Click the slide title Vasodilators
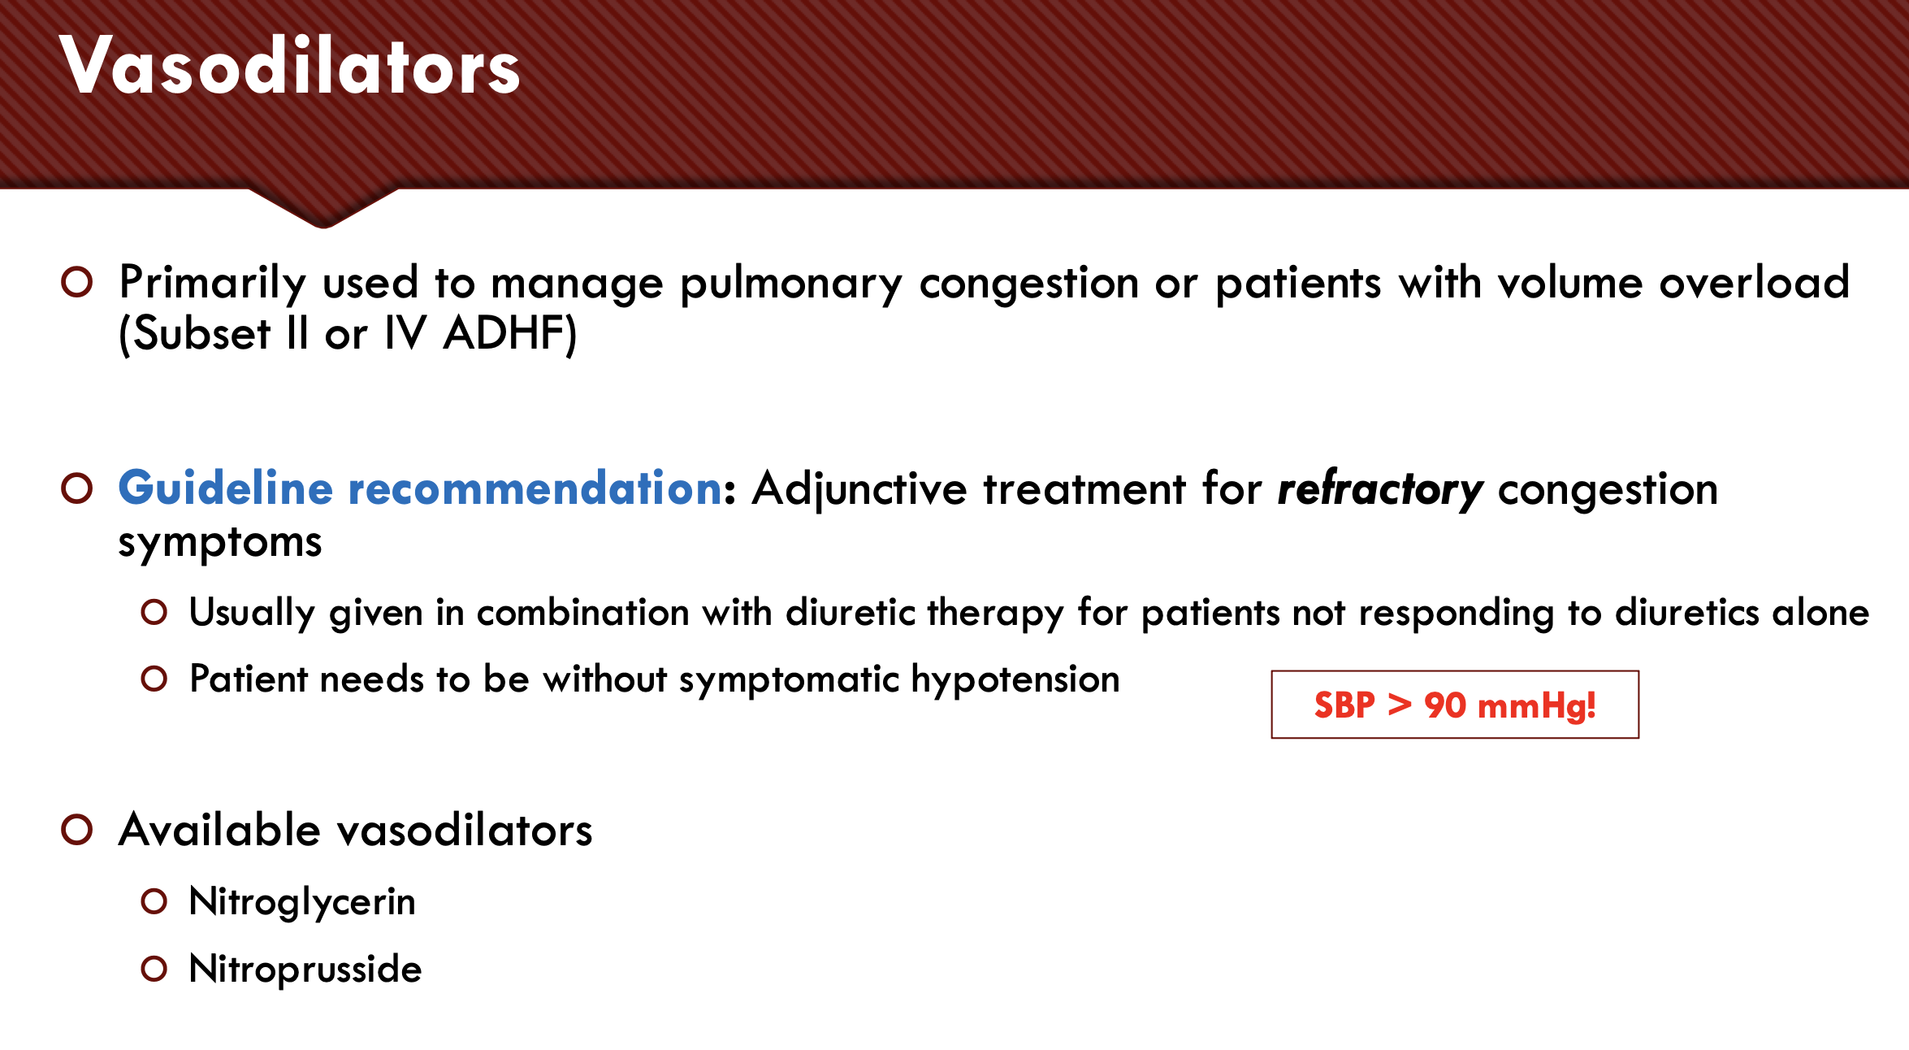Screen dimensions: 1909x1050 click(x=290, y=67)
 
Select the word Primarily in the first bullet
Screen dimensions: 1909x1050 click(x=213, y=284)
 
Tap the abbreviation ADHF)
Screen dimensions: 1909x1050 click(x=510, y=334)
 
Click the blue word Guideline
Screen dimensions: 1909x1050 click(x=226, y=488)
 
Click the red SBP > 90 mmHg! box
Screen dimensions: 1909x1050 click(x=1455, y=705)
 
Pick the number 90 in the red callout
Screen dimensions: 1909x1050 click(x=1445, y=705)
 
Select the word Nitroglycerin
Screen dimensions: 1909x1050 click(x=302, y=902)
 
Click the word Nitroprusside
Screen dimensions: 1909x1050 click(x=305, y=969)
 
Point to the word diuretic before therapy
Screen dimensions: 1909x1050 click(x=851, y=612)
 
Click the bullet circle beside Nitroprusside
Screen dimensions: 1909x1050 click(x=154, y=969)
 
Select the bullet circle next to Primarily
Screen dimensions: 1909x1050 click(x=77, y=282)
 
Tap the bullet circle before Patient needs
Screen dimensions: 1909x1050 click(x=154, y=679)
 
